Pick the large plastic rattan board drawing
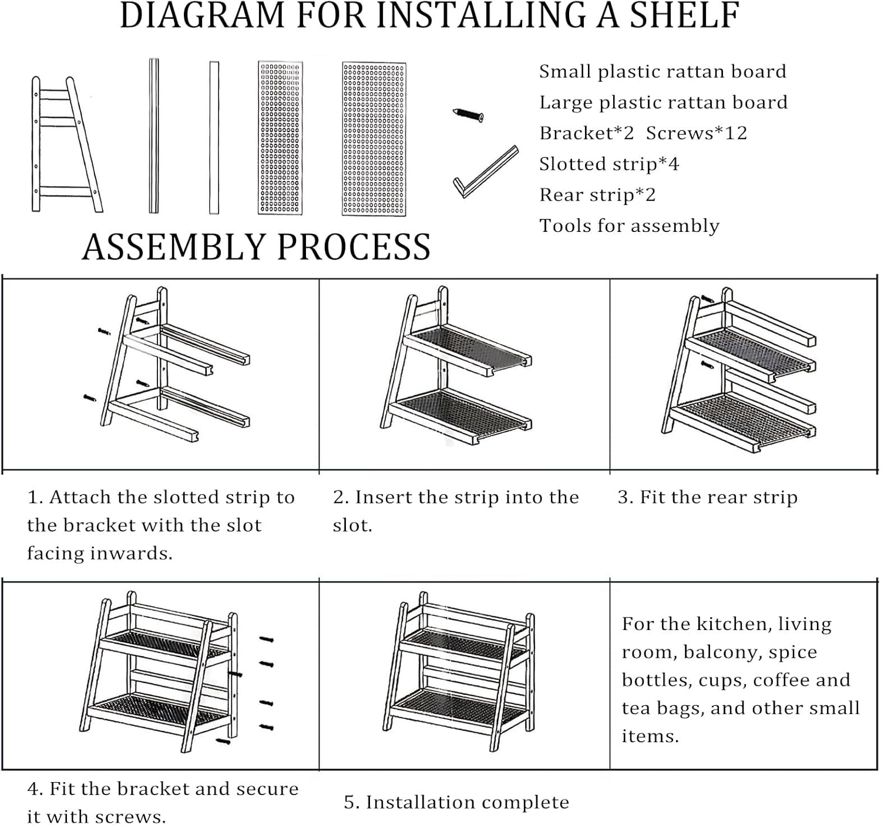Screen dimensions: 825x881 point(374,139)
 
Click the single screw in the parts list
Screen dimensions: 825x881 point(469,115)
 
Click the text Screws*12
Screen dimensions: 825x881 point(697,133)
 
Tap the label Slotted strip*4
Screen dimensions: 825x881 point(609,164)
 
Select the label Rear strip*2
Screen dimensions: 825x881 point(597,195)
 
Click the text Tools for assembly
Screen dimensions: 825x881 point(629,226)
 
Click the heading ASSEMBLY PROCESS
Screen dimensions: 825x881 point(257,247)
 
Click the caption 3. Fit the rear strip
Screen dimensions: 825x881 point(707,497)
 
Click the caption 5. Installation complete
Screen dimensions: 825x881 point(456,803)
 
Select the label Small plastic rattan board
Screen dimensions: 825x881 point(663,72)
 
